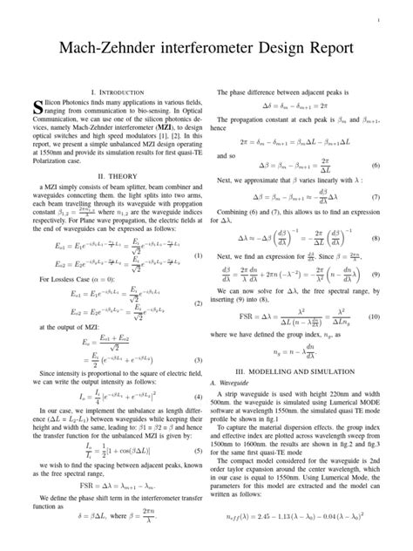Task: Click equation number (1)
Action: point(198,255)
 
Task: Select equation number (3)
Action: point(198,359)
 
